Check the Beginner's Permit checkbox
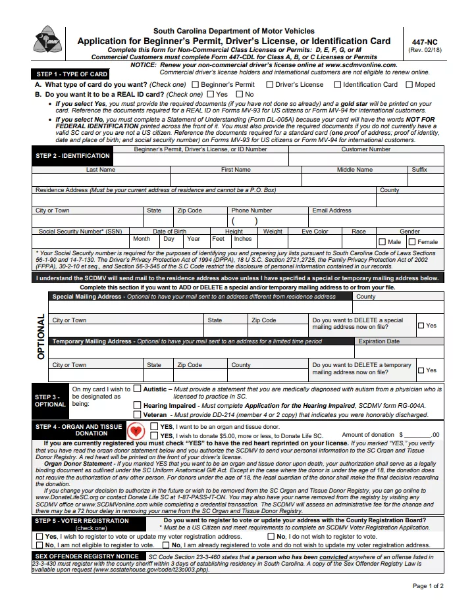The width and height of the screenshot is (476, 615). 196,85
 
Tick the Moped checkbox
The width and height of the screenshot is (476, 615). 410,85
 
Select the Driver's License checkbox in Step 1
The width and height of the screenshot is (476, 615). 270,85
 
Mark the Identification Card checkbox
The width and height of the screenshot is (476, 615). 338,85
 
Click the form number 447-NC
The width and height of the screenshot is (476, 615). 424,41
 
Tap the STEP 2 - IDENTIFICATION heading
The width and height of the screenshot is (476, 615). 72,156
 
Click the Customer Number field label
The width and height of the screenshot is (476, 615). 365,149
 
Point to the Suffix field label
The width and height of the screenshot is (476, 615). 419,170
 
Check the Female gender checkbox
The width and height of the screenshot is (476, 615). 412,242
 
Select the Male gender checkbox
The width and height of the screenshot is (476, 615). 383,242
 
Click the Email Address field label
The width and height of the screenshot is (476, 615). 332,210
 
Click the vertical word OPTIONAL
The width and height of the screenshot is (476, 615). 41,336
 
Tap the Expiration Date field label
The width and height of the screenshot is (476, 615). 379,342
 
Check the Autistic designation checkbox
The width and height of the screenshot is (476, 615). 138,389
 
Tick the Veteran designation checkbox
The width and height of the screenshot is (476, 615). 138,415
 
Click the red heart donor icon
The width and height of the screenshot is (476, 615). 136,431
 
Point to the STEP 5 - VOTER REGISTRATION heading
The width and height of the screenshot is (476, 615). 82,521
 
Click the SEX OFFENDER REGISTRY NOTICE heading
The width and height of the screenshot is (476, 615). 86,556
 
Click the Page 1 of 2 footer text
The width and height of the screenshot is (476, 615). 429,586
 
